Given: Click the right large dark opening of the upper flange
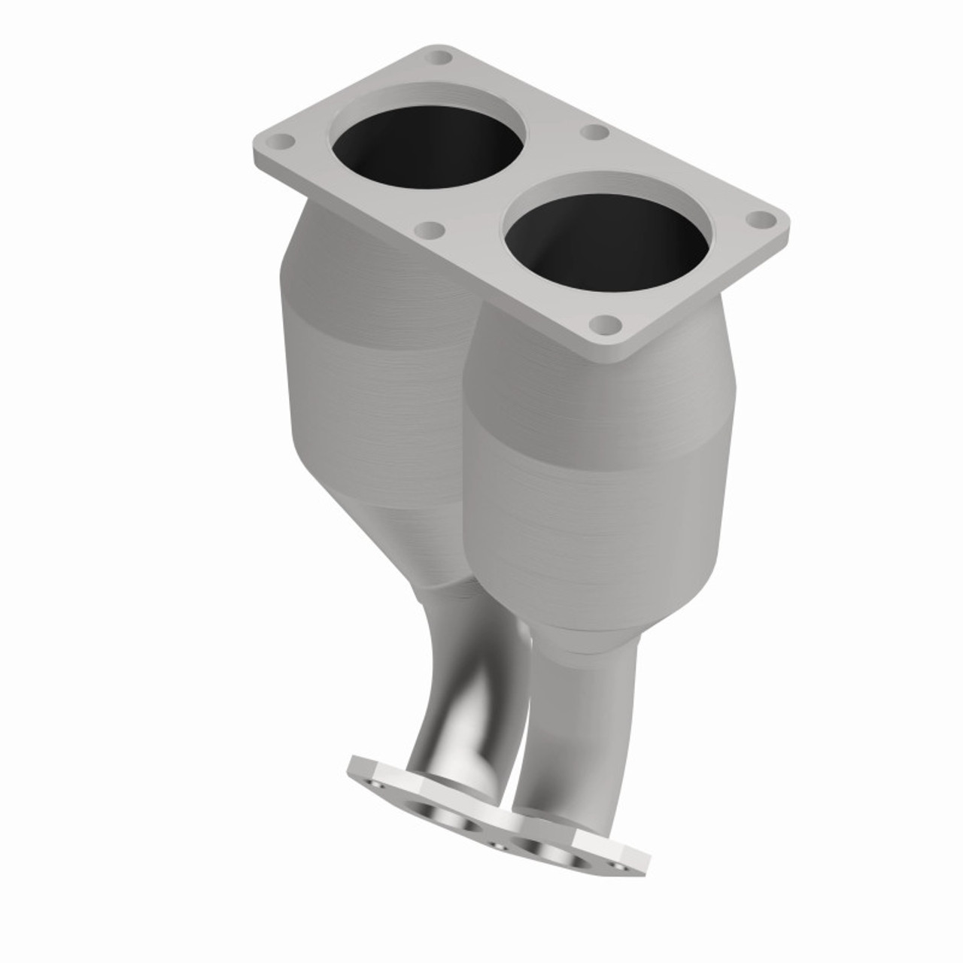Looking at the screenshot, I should coord(605,233).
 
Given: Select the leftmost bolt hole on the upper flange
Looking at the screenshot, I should coord(284,141).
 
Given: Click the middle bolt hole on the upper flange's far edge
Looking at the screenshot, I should coord(595,132).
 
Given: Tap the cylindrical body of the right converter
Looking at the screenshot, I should coord(587,481).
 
